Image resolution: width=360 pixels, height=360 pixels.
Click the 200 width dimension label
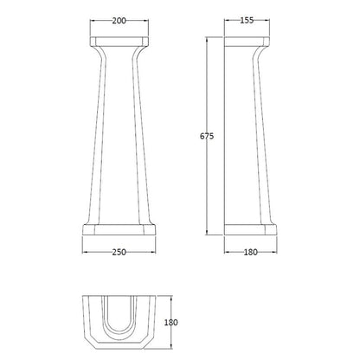coord(119,21)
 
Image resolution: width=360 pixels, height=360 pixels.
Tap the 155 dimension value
coord(247,20)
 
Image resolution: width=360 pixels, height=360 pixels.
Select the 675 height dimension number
coord(207,136)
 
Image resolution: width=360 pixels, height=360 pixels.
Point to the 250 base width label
coord(119,252)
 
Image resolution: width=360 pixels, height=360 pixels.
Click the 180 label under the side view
coord(250,252)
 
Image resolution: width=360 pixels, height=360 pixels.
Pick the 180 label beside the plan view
coord(170,322)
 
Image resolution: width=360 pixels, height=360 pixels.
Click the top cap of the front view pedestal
coord(119,42)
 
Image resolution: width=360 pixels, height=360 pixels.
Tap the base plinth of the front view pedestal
coord(119,229)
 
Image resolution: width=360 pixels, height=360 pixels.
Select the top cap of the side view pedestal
coord(247,42)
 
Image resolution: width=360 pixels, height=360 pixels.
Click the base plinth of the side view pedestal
coord(250,229)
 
